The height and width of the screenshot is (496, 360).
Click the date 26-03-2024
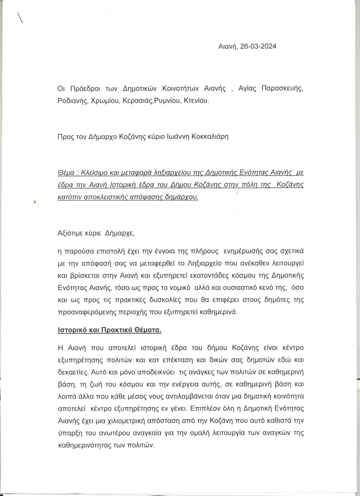coord(258,46)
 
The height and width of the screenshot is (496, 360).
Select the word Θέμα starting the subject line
coord(66,172)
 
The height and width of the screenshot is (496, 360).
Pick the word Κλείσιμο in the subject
coord(95,172)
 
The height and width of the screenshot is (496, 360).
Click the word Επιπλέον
coord(200,409)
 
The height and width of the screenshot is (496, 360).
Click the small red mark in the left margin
coord(34,202)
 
